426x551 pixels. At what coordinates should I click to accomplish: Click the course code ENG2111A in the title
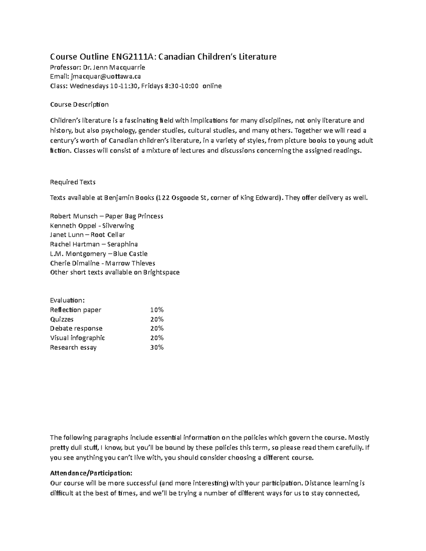click(131, 57)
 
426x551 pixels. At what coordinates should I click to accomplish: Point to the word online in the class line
click(212, 86)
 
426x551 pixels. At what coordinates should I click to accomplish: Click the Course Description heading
click(79, 104)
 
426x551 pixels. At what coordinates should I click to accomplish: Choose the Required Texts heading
click(73, 182)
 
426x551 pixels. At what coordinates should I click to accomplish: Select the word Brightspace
click(162, 272)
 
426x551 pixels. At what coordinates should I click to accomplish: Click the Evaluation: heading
click(67, 301)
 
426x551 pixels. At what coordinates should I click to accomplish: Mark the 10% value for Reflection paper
click(157, 310)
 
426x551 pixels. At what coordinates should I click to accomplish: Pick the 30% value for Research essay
click(157, 347)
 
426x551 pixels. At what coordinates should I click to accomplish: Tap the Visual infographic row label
click(77, 338)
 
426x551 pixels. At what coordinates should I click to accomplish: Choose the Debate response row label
click(76, 329)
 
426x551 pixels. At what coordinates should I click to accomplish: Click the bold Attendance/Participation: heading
click(91, 473)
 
